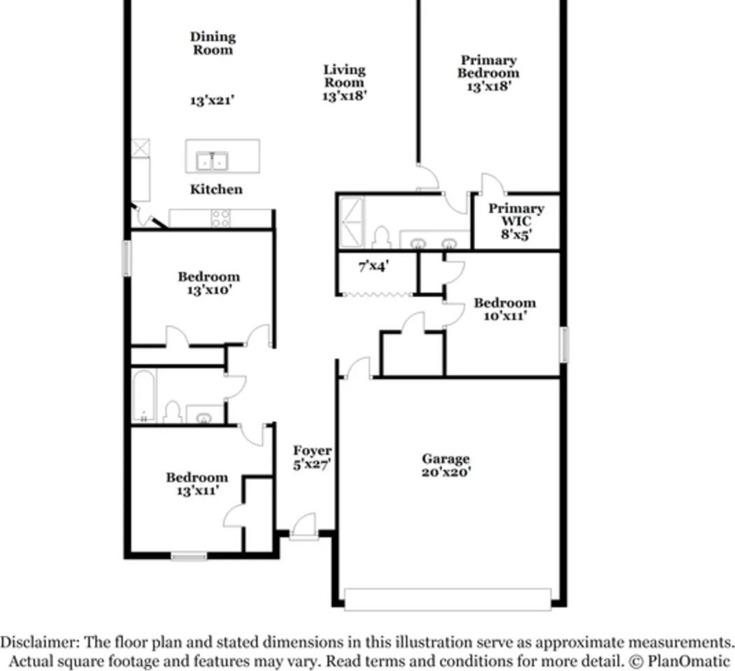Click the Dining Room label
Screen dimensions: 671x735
coord(213,43)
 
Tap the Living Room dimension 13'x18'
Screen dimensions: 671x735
coord(344,96)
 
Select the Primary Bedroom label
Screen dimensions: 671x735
coord(488,66)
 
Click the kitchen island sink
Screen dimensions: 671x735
coord(212,161)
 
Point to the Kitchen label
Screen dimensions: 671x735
coord(217,189)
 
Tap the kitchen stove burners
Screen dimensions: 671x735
coord(221,218)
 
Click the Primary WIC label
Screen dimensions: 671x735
coord(516,215)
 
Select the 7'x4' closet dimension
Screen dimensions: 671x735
coord(373,266)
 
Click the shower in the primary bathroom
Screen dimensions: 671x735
coord(351,220)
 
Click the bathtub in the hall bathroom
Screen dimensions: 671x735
coord(145,396)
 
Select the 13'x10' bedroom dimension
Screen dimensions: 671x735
coord(208,290)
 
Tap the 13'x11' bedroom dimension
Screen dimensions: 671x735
coord(197,491)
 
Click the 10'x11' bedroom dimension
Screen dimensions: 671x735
coord(504,316)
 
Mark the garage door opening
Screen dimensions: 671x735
coord(448,599)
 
